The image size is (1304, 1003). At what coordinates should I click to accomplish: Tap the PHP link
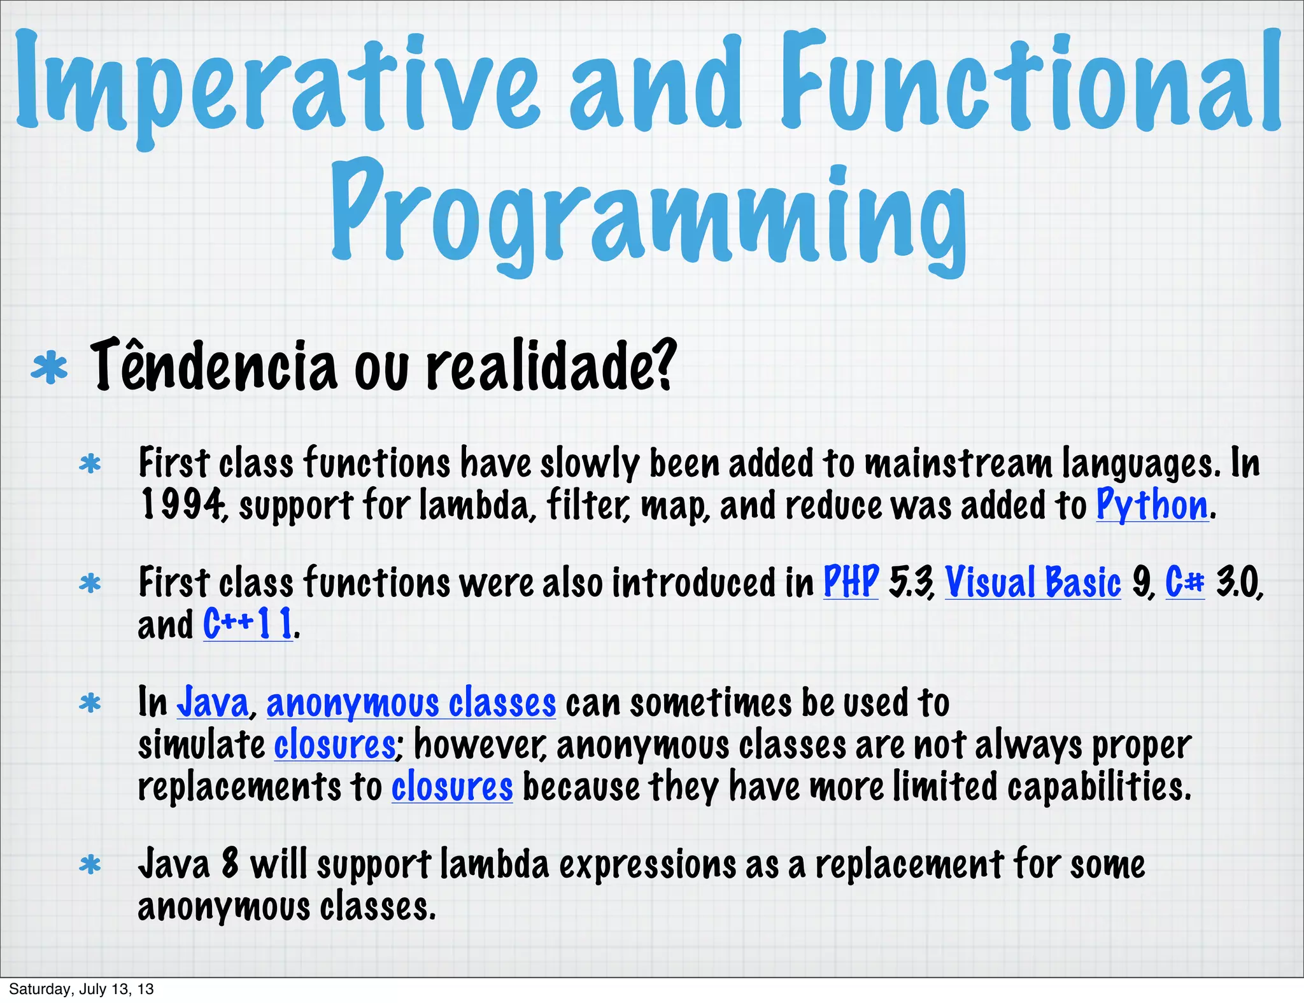[x=851, y=582]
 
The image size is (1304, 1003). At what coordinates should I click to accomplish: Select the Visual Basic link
[x=1033, y=582]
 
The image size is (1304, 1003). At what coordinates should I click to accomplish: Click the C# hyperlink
[x=1185, y=582]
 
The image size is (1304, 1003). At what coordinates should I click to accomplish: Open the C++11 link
[x=248, y=624]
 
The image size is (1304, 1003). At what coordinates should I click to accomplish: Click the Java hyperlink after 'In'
[x=213, y=703]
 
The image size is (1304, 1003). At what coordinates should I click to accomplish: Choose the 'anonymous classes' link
[x=411, y=703]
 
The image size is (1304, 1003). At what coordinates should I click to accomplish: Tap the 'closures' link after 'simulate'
[x=335, y=745]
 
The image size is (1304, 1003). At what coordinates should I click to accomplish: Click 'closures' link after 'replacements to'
[x=452, y=787]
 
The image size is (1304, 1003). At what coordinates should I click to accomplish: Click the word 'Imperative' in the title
[x=277, y=83]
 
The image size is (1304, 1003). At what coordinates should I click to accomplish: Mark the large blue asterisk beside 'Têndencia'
[x=49, y=369]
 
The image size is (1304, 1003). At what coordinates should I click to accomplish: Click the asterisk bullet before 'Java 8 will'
[x=90, y=866]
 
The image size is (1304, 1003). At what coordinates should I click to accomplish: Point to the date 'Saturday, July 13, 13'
[x=81, y=989]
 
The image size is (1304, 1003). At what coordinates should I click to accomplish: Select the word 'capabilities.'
[x=1099, y=787]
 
